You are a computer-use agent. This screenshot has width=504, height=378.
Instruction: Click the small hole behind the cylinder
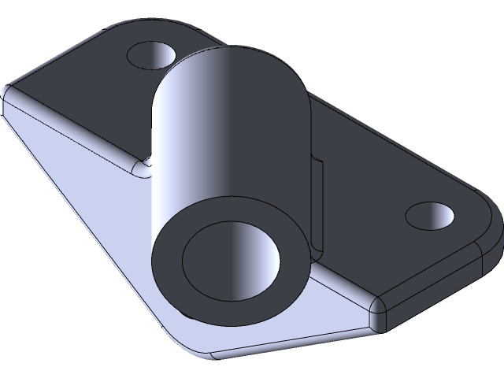pos(152,56)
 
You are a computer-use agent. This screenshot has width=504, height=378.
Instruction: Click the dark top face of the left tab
pos(87,102)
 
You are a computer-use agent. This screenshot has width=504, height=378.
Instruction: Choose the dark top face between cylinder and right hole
pos(370,181)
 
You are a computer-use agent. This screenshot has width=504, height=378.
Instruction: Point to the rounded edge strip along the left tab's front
pos(79,133)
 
